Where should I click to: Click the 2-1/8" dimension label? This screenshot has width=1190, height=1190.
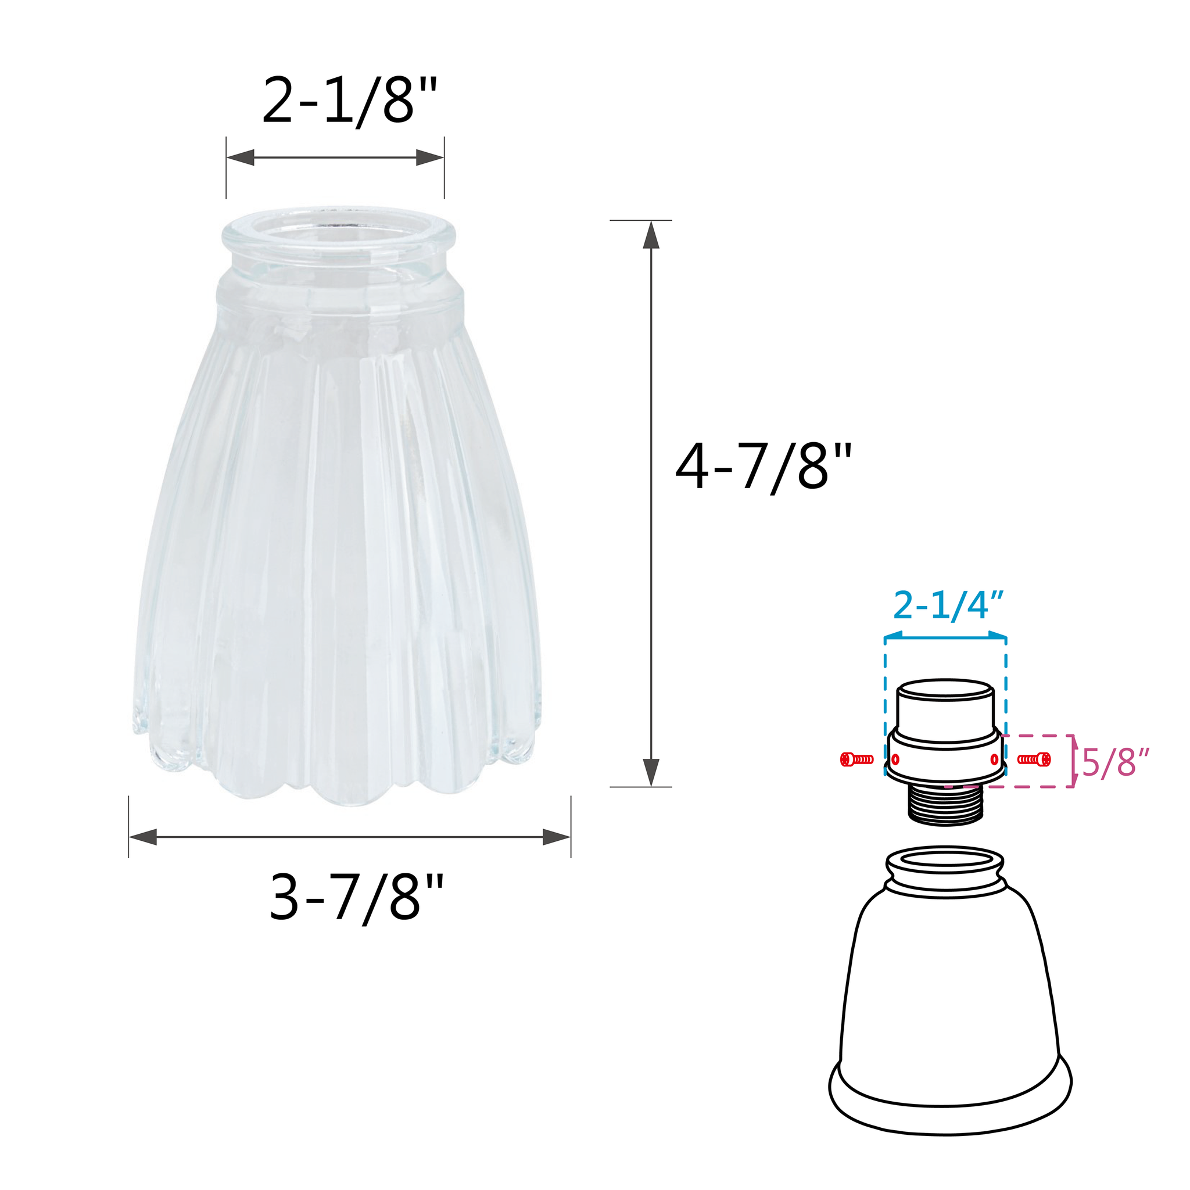(349, 102)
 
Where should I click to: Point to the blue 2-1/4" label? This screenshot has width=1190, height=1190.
(948, 606)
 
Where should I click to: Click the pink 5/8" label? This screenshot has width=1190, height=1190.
(1116, 764)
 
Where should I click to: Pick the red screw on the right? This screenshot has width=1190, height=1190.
(1034, 759)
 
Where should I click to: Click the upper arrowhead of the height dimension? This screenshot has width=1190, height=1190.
(651, 235)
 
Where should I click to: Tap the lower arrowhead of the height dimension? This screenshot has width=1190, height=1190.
(651, 772)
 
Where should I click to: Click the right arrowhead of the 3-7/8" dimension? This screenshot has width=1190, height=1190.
(556, 837)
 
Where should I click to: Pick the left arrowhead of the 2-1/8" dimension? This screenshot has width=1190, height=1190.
(240, 157)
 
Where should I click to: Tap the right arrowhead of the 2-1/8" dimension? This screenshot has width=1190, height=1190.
(430, 157)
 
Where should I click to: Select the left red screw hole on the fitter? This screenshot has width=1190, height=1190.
(895, 759)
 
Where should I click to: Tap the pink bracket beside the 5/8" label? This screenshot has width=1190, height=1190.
(1074, 761)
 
